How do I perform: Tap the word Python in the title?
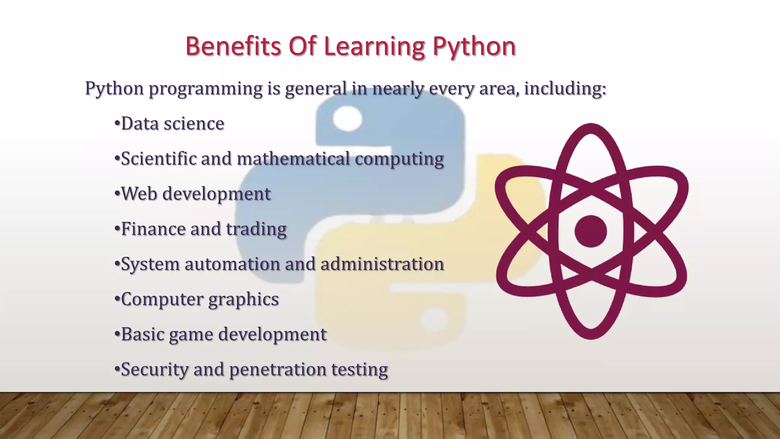(x=474, y=47)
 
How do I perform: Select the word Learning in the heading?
(x=374, y=47)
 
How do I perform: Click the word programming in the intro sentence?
(x=205, y=89)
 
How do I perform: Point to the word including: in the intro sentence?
(x=565, y=88)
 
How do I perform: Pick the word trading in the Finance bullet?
(x=256, y=229)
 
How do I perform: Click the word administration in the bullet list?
(x=382, y=264)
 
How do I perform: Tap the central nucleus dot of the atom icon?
(x=590, y=231)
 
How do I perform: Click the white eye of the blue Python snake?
(x=347, y=118)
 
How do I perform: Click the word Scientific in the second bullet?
(x=158, y=159)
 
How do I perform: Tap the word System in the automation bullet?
(x=150, y=264)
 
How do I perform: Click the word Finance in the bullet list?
(x=153, y=229)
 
